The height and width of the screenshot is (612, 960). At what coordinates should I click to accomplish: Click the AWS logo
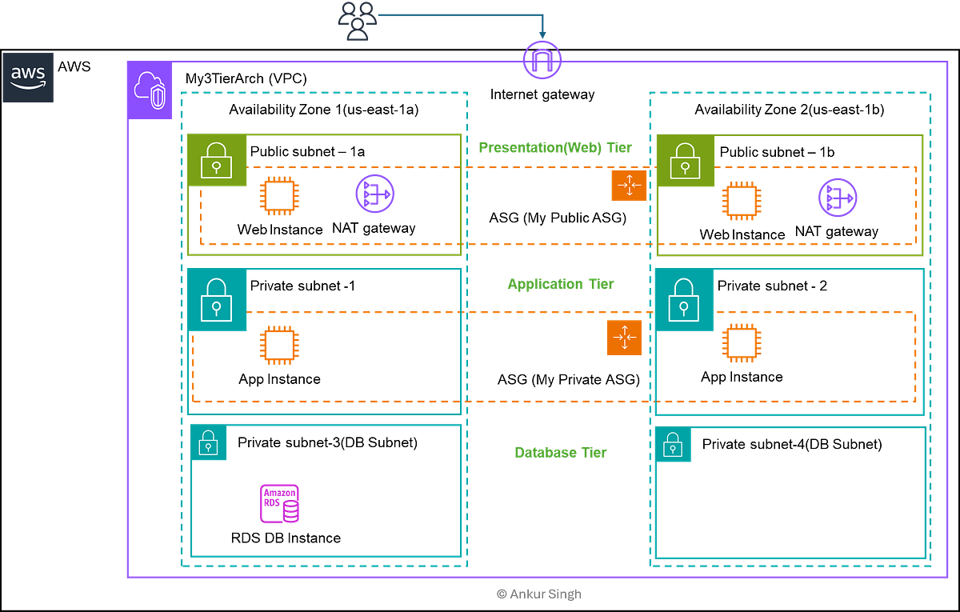(29, 78)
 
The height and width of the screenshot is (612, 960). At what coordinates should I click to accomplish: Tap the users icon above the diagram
(357, 19)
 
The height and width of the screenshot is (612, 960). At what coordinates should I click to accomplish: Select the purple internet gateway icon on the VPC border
(542, 61)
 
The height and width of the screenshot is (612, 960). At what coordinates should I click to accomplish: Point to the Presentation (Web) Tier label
(554, 147)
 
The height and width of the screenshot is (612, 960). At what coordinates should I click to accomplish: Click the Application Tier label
(561, 285)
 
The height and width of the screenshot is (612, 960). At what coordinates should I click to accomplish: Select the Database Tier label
(560, 453)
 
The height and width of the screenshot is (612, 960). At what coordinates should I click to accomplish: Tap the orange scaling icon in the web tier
(628, 186)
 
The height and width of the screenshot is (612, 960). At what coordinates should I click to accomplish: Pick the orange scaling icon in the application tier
(624, 337)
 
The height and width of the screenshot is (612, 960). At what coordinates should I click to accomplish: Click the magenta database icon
(279, 503)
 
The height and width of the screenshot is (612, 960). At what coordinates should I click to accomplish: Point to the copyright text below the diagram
(538, 594)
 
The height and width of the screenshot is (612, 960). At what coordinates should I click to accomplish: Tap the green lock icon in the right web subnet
(686, 162)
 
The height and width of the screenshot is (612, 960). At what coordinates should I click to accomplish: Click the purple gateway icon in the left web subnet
(374, 194)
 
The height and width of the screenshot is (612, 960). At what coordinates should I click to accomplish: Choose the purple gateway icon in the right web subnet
(838, 197)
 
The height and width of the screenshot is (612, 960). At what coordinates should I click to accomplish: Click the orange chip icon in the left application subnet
(279, 346)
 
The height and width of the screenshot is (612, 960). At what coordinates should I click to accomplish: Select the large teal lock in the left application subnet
(216, 300)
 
